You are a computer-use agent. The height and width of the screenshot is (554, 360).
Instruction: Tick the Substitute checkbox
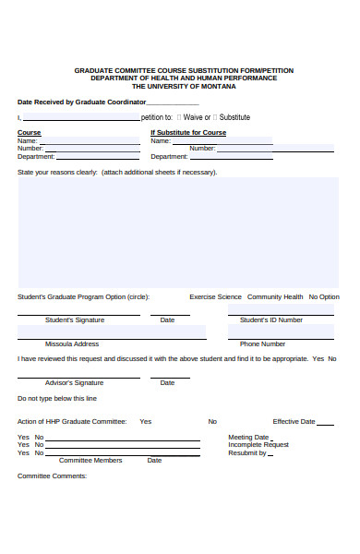point(216,117)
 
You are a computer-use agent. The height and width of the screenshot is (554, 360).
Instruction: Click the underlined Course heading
point(30,133)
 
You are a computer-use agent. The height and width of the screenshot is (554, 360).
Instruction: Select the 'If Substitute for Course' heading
point(188,133)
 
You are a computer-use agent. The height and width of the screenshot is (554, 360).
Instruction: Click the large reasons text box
point(178,232)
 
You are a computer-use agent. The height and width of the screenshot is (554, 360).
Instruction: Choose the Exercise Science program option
point(215,297)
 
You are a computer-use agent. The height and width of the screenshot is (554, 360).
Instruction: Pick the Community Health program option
point(275,297)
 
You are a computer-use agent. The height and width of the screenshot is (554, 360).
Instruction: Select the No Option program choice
point(324,297)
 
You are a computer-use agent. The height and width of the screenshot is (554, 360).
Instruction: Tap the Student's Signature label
point(75,320)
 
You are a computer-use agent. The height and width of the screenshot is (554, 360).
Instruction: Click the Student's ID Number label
point(271,320)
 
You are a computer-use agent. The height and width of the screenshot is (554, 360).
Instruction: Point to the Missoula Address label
point(72,343)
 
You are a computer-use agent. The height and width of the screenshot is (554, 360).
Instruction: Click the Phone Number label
point(263,343)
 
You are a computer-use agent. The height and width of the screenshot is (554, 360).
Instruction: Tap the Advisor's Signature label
point(74,382)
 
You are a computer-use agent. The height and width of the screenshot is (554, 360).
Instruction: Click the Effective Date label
point(294,421)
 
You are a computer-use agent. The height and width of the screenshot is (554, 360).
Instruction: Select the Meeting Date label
point(248,437)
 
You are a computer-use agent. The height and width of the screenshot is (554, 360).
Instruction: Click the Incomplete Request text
point(258,445)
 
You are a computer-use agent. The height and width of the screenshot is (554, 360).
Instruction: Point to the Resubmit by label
point(247,453)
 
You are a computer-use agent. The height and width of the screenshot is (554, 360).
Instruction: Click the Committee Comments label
point(52,476)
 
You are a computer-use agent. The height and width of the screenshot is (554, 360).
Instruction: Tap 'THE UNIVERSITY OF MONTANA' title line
point(184,86)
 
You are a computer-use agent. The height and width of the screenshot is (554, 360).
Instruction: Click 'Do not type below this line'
point(57,399)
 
